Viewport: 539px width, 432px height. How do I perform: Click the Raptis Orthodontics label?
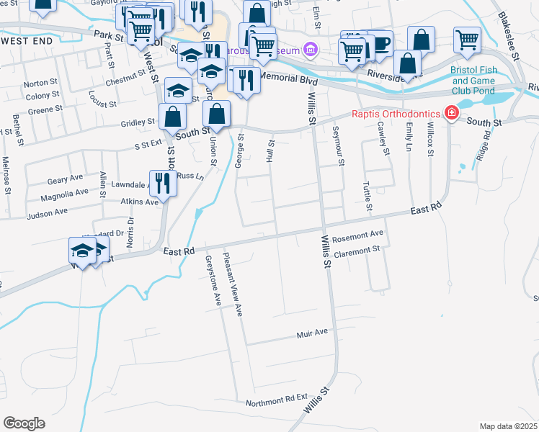click(397, 114)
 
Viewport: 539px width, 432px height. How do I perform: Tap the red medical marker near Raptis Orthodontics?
click(451, 113)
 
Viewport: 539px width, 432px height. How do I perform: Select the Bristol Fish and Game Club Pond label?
click(474, 81)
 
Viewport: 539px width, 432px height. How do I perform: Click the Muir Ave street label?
click(312, 333)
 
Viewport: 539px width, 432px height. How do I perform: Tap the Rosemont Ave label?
click(358, 235)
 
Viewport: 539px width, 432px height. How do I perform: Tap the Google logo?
click(24, 423)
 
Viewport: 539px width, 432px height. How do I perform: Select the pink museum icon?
click(311, 50)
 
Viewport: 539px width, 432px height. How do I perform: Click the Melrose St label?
click(6, 176)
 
